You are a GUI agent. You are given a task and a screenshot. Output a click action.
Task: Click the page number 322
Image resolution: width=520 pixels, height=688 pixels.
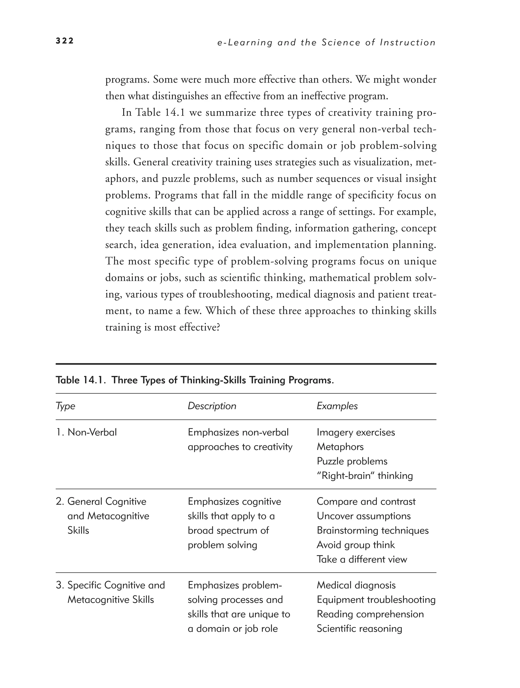(64, 41)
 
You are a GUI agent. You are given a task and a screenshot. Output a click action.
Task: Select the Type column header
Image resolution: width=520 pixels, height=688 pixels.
(65, 406)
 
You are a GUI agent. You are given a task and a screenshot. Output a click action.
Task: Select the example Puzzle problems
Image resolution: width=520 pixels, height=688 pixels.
(352, 461)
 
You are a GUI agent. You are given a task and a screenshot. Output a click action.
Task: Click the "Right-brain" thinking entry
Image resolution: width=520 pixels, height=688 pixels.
(365, 476)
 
